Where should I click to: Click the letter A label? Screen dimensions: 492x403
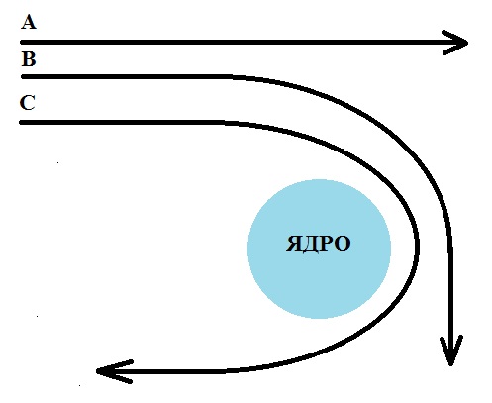coord(29,22)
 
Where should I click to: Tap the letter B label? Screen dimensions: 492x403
coord(29,59)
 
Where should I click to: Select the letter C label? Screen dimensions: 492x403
coord(27,103)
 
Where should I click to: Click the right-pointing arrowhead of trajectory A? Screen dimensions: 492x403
coord(456,43)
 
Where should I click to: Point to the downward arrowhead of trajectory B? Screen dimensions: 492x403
coord(451,351)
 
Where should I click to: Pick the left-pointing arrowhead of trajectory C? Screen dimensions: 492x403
coord(114,371)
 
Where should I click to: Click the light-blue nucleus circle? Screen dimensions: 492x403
coord(319,249)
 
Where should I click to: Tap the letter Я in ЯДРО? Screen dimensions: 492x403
coord(293,244)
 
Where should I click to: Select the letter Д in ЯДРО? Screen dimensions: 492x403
coord(310,245)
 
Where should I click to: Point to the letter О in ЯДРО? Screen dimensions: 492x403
coord(343,244)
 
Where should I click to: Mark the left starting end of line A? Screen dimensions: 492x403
coord(22,43)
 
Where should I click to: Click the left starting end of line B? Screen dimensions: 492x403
coord(23,77)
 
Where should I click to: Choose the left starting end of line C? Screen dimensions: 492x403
coord(21,123)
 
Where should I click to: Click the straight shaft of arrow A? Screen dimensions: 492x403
coord(244,43)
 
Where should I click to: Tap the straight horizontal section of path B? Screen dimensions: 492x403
coord(127,77)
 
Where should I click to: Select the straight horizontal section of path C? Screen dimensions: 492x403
coord(122,123)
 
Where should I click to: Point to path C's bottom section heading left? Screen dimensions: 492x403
coord(165,371)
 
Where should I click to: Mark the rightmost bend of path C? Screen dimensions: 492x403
coord(418,245)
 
